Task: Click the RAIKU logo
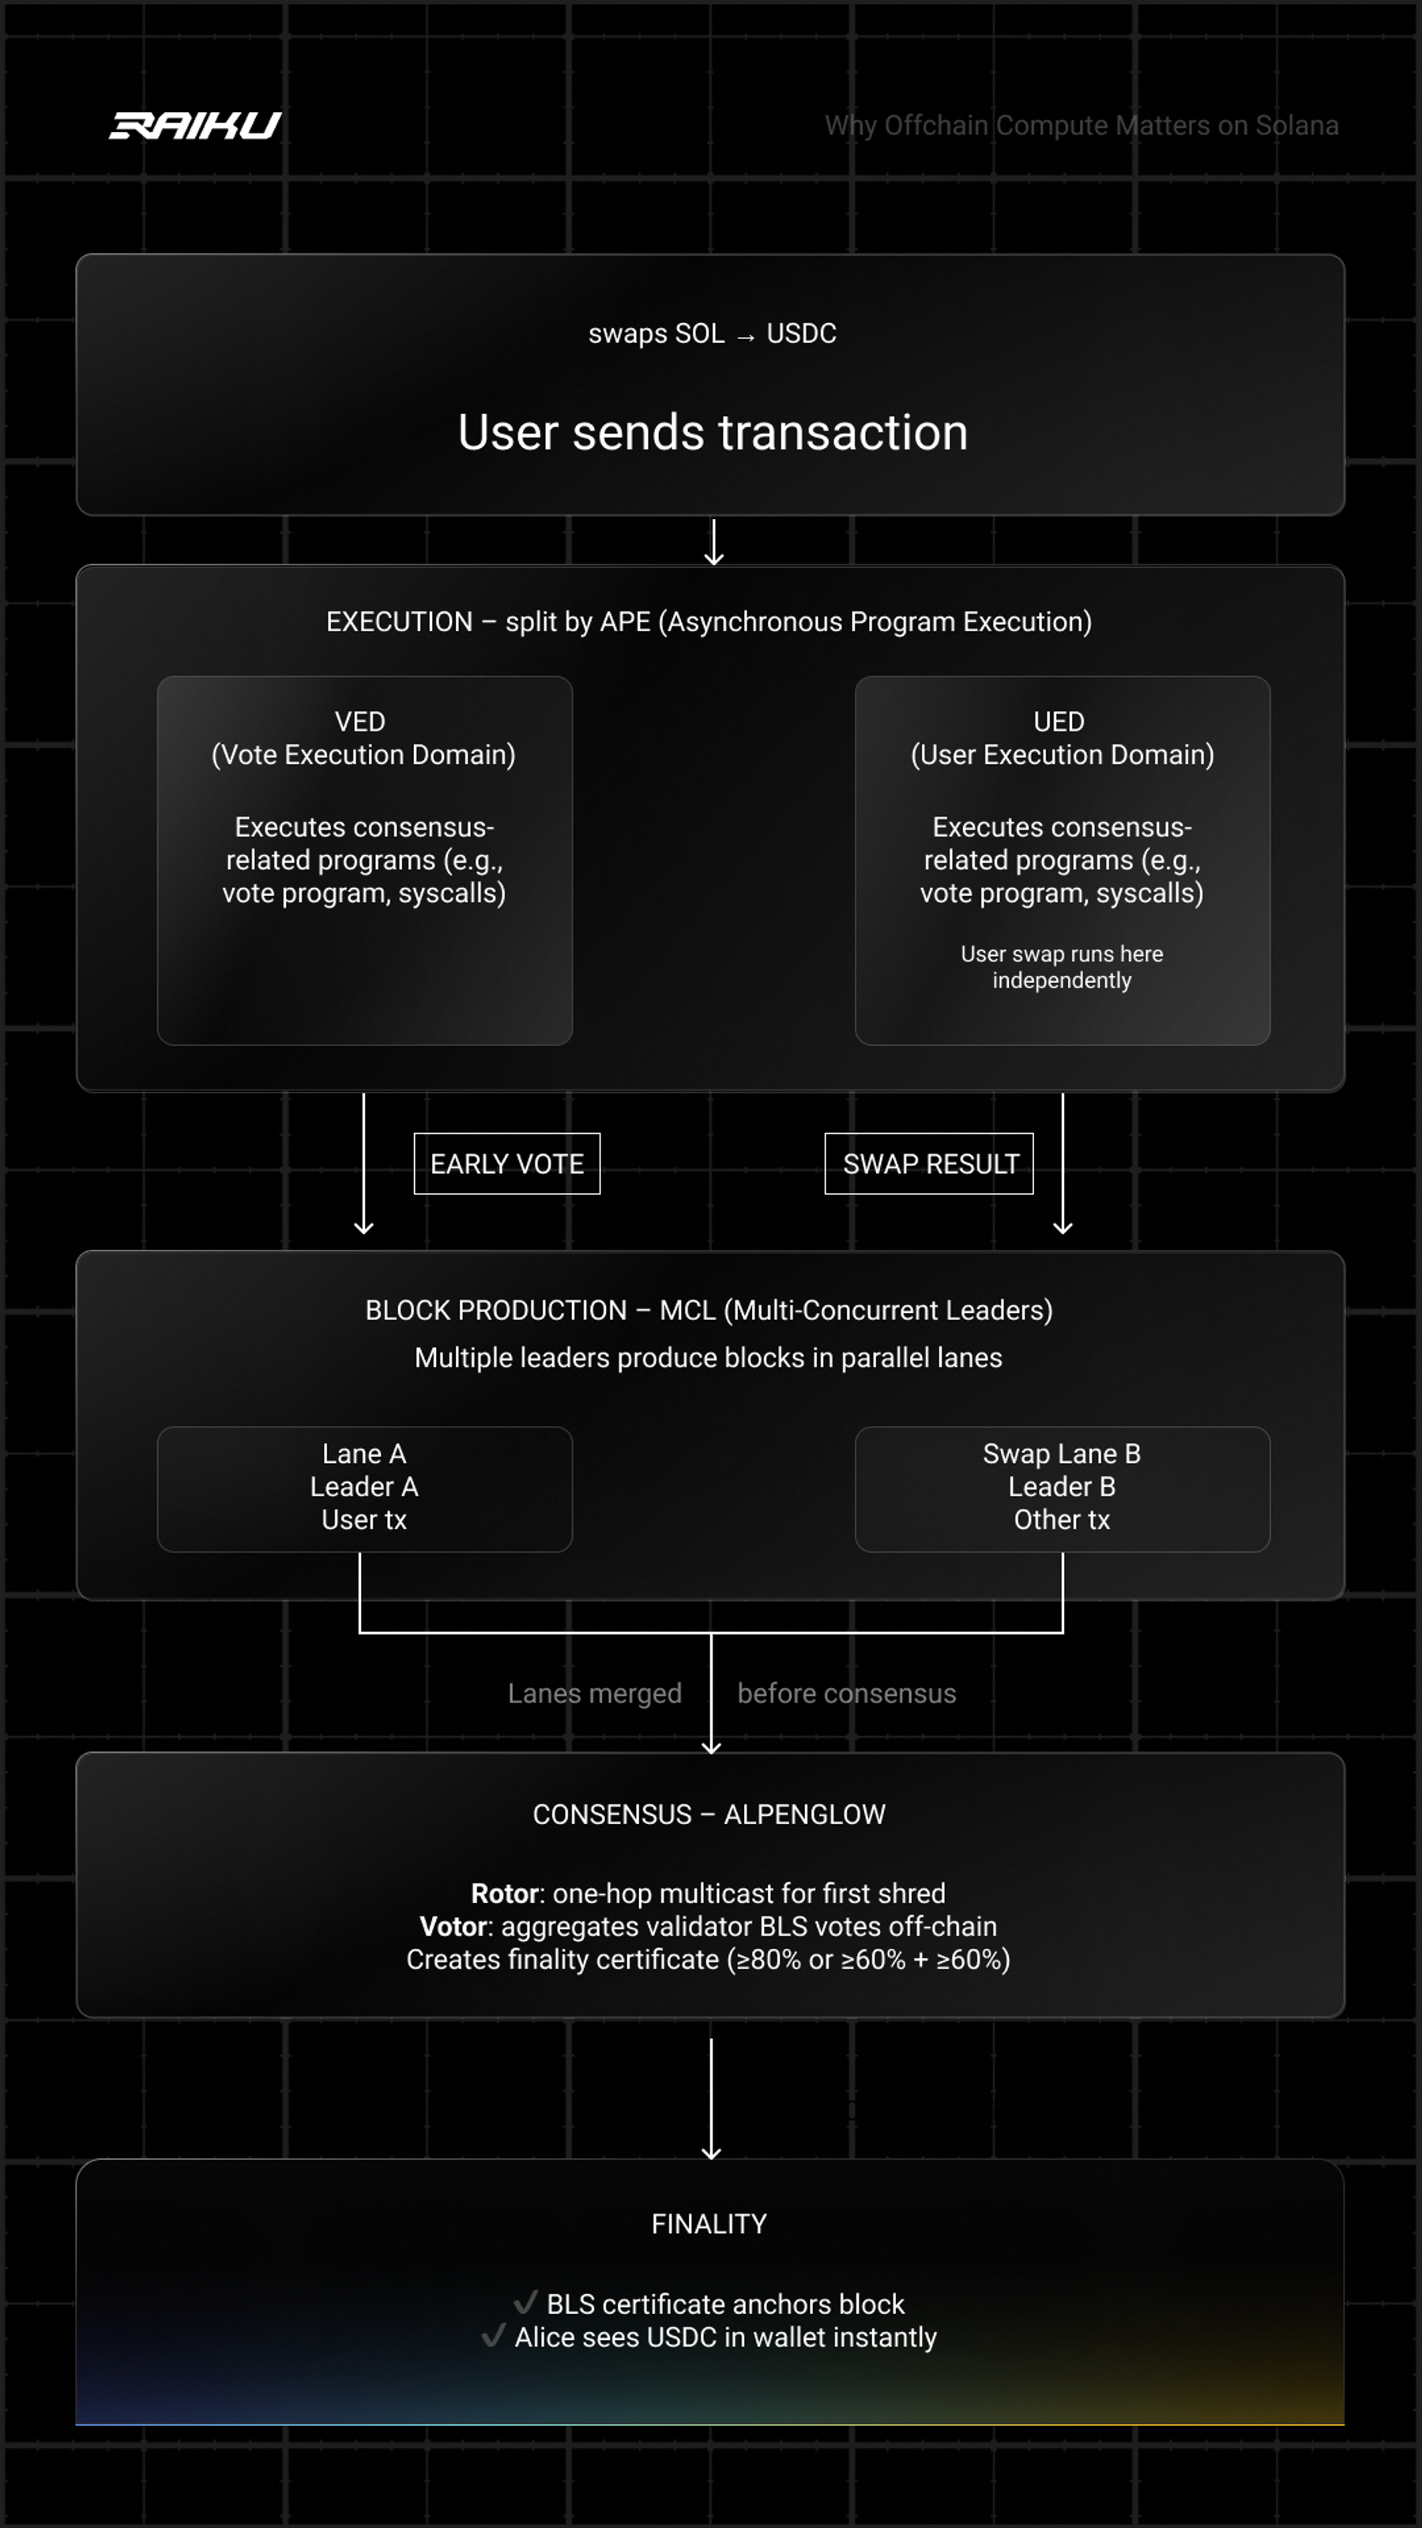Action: pyautogui.click(x=195, y=126)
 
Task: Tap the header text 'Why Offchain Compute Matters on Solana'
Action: pyautogui.click(x=1082, y=126)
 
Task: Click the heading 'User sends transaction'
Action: pyautogui.click(x=713, y=433)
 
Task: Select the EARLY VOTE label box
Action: pyautogui.click(x=506, y=1164)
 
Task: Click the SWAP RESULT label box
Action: pyautogui.click(x=929, y=1164)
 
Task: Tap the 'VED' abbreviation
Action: pyautogui.click(x=360, y=722)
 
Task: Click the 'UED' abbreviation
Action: pyautogui.click(x=1059, y=722)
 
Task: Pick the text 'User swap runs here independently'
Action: pyautogui.click(x=1062, y=968)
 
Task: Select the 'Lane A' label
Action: pyautogui.click(x=364, y=1454)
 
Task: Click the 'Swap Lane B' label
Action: pyautogui.click(x=1062, y=1454)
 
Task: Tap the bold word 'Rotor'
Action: pyautogui.click(x=506, y=1894)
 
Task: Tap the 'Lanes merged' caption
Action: pyautogui.click(x=595, y=1694)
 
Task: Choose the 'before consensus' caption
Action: pyautogui.click(x=847, y=1694)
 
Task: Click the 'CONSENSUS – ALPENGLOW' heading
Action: pyautogui.click(x=709, y=1815)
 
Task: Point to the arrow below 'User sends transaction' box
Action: pyautogui.click(x=713, y=542)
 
